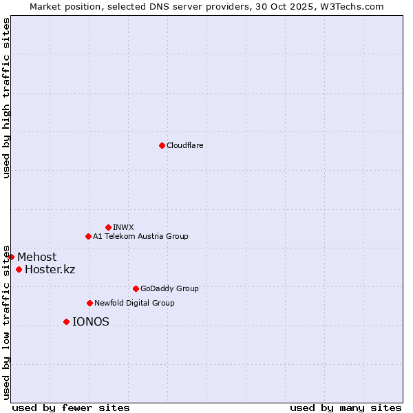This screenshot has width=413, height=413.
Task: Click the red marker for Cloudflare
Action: pyautogui.click(x=162, y=145)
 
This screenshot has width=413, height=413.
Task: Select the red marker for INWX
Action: pyautogui.click(x=108, y=227)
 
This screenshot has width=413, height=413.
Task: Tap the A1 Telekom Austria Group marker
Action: pyautogui.click(x=88, y=236)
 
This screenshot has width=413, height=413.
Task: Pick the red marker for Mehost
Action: pyautogui.click(x=11, y=257)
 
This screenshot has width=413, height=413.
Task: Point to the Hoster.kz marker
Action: pyautogui.click(x=19, y=269)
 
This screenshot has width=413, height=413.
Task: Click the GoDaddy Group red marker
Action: pyautogui.click(x=136, y=288)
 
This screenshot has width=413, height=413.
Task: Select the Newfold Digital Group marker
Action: pyautogui.click(x=89, y=303)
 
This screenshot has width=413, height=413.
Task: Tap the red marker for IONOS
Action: pyautogui.click(x=66, y=321)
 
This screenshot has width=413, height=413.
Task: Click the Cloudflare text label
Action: pyautogui.click(x=185, y=145)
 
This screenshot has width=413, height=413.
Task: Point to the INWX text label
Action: pyautogui.click(x=123, y=227)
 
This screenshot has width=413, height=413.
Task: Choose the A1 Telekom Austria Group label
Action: pyautogui.click(x=140, y=236)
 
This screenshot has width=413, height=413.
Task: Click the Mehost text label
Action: pyautogui.click(x=37, y=257)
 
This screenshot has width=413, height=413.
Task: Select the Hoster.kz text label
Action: pyautogui.click(x=50, y=269)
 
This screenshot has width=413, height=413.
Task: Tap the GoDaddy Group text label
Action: pyautogui.click(x=169, y=288)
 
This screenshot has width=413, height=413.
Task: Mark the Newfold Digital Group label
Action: pyautogui.click(x=134, y=303)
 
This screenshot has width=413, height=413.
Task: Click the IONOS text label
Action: pyautogui.click(x=91, y=321)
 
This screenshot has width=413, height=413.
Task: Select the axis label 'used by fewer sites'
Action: pyautogui.click(x=71, y=407)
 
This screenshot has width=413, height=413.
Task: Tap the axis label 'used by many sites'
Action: pyautogui.click(x=346, y=407)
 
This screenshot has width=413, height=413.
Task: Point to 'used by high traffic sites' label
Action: pyautogui.click(x=6, y=98)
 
